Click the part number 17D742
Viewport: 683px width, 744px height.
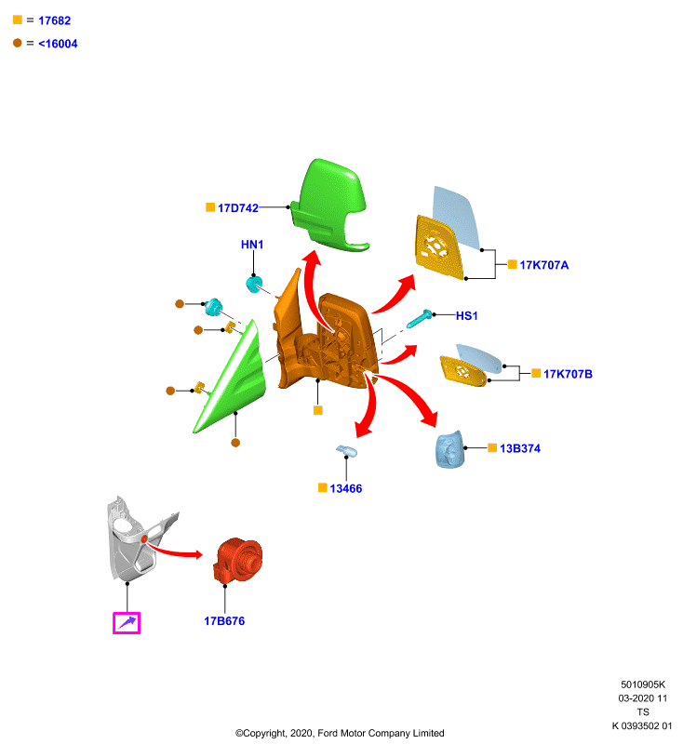pyautogui.click(x=238, y=207)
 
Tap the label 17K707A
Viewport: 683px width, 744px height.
pyautogui.click(x=544, y=265)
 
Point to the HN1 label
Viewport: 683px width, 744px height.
pyautogui.click(x=252, y=245)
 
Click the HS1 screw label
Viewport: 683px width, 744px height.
pyautogui.click(x=466, y=315)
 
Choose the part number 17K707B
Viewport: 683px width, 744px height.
pyautogui.click(x=568, y=374)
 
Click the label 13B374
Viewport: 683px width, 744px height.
pyautogui.click(x=520, y=448)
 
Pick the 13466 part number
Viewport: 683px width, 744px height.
pyautogui.click(x=345, y=488)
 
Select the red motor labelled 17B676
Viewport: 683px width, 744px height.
pyautogui.click(x=238, y=561)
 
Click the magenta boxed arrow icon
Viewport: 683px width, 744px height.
pyautogui.click(x=127, y=623)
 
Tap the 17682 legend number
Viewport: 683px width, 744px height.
pyautogui.click(x=55, y=20)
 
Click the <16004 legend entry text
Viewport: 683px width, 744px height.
pyautogui.click(x=58, y=44)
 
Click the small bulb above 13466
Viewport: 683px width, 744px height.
pyautogui.click(x=346, y=451)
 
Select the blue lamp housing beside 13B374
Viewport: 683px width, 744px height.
pyautogui.click(x=449, y=449)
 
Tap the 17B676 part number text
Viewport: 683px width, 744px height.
pyautogui.click(x=224, y=621)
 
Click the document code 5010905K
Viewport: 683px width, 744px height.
pyautogui.click(x=643, y=684)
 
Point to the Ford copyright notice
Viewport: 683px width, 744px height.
pyautogui.click(x=340, y=733)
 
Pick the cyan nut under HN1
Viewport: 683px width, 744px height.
pyautogui.click(x=254, y=285)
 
